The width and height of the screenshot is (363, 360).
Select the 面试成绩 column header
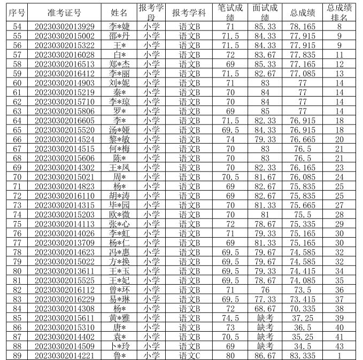(265, 12)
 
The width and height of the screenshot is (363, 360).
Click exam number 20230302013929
(64, 26)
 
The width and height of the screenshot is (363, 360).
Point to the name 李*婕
(119, 26)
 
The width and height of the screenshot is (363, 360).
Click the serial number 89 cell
(17, 355)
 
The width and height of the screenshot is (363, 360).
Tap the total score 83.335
(303, 355)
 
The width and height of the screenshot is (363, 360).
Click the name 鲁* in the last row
(119, 355)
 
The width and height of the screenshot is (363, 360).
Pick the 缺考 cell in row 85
(265, 317)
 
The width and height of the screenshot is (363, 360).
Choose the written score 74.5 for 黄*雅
(230, 317)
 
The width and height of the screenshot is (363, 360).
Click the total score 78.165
(303, 26)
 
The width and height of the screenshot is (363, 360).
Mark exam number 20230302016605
(64, 120)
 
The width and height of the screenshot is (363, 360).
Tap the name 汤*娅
(119, 130)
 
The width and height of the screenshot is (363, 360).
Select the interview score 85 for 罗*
(265, 111)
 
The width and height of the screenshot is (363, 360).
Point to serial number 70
(17, 177)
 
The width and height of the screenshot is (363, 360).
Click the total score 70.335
(303, 308)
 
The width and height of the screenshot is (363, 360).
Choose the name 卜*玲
(119, 346)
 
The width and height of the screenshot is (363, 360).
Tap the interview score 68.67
(265, 308)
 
